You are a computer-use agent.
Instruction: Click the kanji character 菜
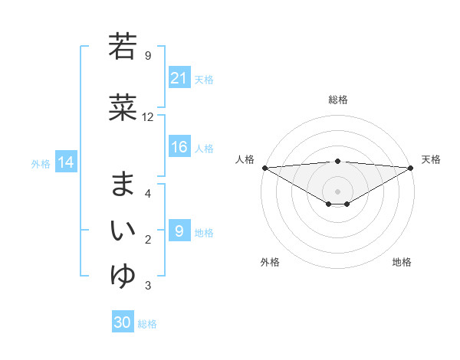(123, 108)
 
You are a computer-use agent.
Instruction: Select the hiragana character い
(123, 229)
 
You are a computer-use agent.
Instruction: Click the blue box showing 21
(179, 78)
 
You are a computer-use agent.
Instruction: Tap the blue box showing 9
(179, 231)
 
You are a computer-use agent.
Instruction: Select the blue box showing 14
(66, 162)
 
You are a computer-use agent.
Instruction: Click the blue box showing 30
(122, 322)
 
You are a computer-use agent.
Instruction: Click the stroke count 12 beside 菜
(148, 117)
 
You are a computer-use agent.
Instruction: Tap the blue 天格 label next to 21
(204, 79)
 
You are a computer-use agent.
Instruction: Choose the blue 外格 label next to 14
(41, 163)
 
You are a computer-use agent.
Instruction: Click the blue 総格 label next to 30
(147, 323)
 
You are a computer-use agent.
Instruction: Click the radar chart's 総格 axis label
(337, 100)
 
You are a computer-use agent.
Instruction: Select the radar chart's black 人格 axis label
(245, 159)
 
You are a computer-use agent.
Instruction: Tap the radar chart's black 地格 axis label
(402, 262)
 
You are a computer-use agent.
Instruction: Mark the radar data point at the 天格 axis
(411, 168)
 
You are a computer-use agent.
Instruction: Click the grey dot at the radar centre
(337, 191)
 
